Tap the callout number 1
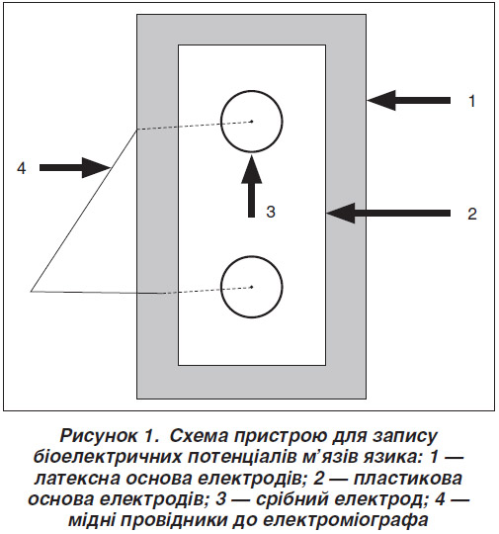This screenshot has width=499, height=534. [x=471, y=101]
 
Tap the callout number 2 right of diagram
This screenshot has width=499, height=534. [x=472, y=215]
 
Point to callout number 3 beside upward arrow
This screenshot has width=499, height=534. [x=271, y=212]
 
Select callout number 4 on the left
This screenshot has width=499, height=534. [x=22, y=168]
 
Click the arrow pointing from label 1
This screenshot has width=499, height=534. [x=408, y=100]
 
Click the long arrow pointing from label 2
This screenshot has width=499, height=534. [x=388, y=214]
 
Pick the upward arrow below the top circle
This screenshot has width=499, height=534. [x=252, y=186]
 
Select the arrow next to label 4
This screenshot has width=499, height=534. [x=74, y=167]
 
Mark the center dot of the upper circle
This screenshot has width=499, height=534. [x=252, y=121]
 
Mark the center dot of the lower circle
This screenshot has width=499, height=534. [x=252, y=287]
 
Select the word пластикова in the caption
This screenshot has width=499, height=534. [x=408, y=479]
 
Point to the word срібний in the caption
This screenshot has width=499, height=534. [x=292, y=499]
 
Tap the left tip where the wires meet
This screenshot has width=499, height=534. [x=31, y=291]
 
